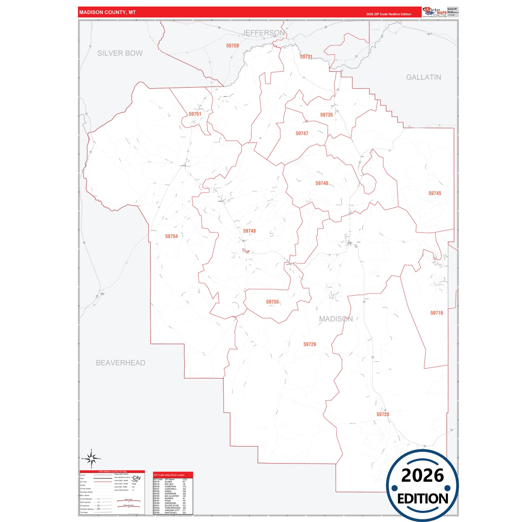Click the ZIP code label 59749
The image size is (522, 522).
click(249, 231)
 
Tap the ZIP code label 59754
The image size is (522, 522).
click(172, 237)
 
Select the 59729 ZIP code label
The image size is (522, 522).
click(310, 345)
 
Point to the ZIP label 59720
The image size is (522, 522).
click(383, 415)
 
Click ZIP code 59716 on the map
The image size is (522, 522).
click(436, 313)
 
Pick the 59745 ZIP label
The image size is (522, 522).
click(435, 194)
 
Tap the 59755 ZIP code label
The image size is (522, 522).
click(272, 302)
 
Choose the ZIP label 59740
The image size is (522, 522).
click(322, 184)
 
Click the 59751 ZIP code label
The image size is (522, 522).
click(195, 114)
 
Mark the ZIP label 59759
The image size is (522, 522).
click(232, 46)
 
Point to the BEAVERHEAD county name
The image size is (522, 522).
click(120, 363)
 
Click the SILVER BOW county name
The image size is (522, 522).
click(120, 53)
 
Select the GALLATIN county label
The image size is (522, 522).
click(423, 77)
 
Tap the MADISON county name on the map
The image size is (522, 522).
click(336, 319)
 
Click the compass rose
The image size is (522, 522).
click(91, 459)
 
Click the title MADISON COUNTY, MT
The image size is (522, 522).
click(107, 12)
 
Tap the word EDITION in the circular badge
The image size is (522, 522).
click(423, 499)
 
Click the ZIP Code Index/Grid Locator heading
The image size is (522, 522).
click(169, 475)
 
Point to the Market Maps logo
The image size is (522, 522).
click(435, 12)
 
